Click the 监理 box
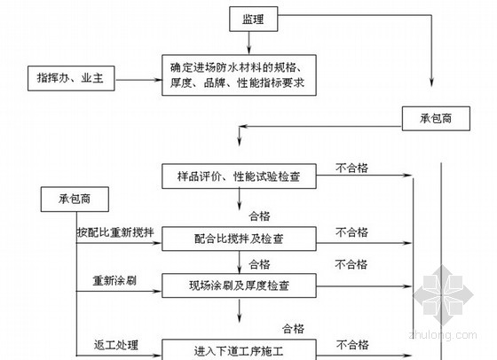[x=254, y=19]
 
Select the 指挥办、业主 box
[x=71, y=78]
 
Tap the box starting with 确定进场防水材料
[x=239, y=75]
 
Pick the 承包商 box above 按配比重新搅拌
[x=75, y=200]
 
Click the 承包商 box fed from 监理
[x=436, y=119]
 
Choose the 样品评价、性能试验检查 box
[x=239, y=176]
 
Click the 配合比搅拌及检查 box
[x=239, y=239]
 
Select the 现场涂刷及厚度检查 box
[x=239, y=286]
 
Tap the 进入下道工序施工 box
[x=239, y=349]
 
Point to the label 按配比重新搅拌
[x=115, y=232]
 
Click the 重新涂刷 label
[x=114, y=280]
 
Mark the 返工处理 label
[x=116, y=345]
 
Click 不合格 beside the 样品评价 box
[x=351, y=168]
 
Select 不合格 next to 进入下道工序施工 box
[x=352, y=345]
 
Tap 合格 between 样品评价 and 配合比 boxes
[x=259, y=216]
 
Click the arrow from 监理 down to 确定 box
[x=248, y=43]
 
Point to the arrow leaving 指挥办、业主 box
[x=138, y=80]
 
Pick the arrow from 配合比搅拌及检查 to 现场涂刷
[x=240, y=262]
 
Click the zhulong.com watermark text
[x=443, y=334]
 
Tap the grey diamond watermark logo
[x=443, y=295]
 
